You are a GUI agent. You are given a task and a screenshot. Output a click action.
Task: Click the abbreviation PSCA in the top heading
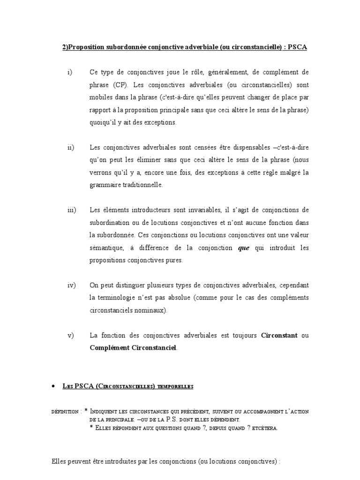click(x=298, y=48)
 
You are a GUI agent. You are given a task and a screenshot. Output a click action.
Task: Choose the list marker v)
click(x=70, y=336)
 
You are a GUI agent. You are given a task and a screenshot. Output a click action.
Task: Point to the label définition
click(x=65, y=412)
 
